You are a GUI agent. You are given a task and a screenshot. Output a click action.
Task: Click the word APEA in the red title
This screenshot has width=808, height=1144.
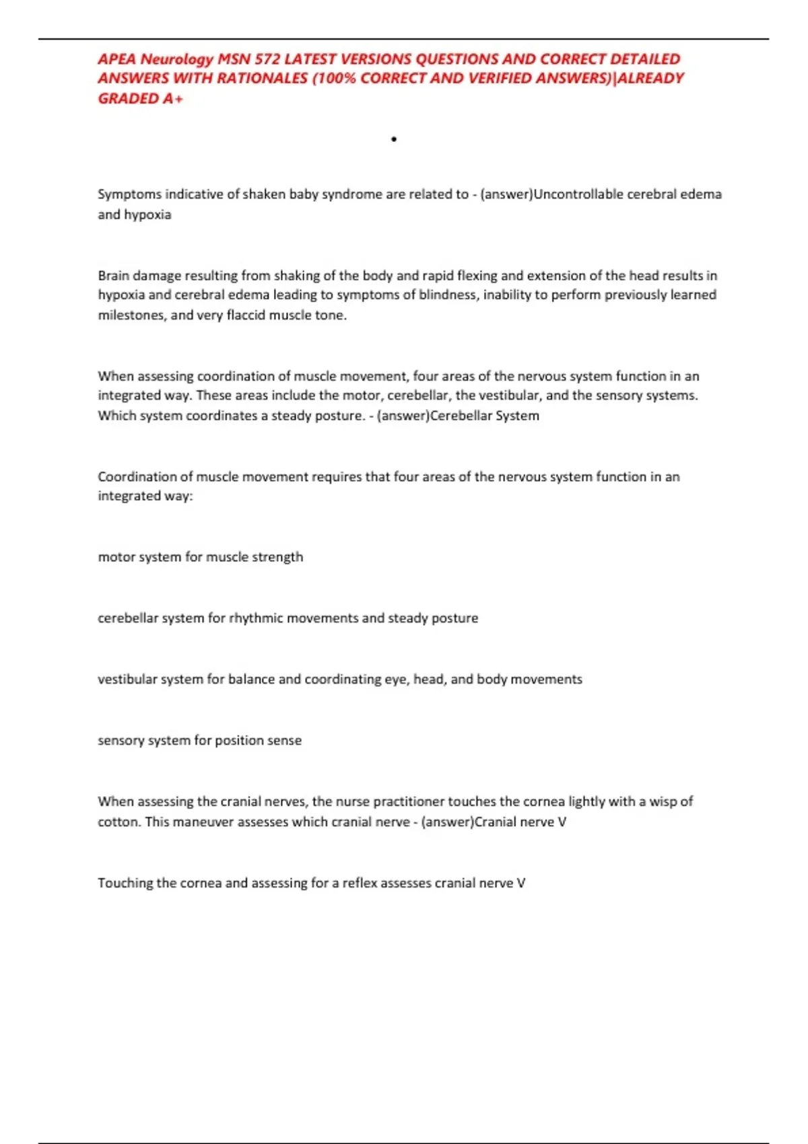[x=117, y=59]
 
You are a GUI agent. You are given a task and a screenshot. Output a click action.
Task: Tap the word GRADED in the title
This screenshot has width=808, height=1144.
[x=128, y=98]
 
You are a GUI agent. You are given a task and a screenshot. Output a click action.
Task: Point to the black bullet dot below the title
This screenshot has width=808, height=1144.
[x=394, y=139]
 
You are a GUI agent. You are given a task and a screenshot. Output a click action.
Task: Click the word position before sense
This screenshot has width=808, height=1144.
[x=241, y=740]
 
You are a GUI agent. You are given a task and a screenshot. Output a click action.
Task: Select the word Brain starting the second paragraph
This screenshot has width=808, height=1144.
[x=113, y=275]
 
